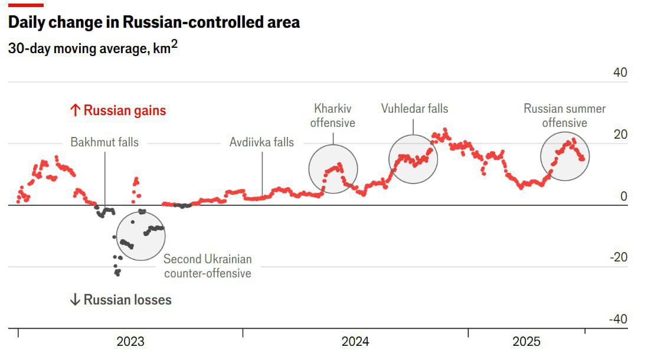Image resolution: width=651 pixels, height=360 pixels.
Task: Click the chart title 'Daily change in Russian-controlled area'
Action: pos(153,22)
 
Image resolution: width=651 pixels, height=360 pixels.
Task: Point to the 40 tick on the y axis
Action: pos(620,73)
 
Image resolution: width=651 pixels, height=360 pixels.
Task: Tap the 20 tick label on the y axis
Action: pos(620,135)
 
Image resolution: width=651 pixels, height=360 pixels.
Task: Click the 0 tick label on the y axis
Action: pos(624,197)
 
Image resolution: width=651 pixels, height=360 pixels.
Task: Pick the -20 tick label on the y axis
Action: pos(618,258)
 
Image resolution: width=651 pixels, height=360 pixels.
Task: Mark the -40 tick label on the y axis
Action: pos(618,319)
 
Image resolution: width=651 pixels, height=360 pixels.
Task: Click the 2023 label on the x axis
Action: pos(130,342)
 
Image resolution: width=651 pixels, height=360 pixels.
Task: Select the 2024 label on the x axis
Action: pos(355,342)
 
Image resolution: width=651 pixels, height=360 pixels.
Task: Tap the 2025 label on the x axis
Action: pos(526,342)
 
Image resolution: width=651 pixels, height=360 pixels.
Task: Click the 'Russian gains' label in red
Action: pos(118,110)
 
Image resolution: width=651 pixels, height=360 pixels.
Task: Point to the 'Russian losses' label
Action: pos(120,300)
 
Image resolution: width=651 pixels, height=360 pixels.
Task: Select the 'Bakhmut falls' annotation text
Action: pos(104,142)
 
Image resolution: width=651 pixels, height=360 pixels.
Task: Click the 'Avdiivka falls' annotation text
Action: pos(261,142)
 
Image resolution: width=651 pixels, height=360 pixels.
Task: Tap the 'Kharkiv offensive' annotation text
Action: pos(333,116)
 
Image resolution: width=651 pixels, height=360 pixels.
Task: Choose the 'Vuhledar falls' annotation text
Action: pos(414,109)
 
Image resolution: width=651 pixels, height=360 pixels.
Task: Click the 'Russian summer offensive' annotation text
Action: pos(565,116)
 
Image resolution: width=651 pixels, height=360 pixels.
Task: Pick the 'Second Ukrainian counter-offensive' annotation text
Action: pos(208,266)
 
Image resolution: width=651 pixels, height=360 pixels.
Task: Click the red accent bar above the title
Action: pos(26,5)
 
